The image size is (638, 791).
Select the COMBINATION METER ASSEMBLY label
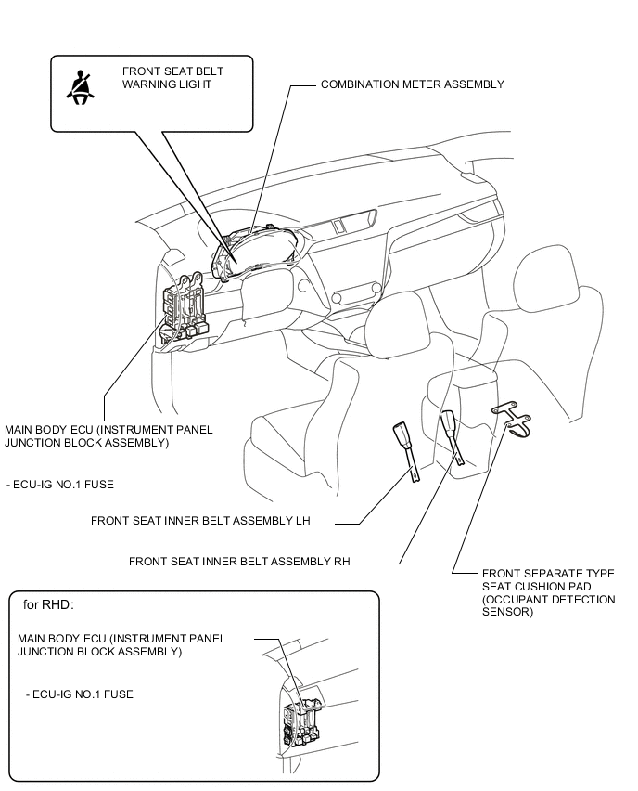[412, 84]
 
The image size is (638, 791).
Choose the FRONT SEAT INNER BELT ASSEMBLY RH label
[238, 561]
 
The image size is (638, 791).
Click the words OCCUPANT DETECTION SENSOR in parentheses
[548, 606]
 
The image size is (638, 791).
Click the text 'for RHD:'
[47, 604]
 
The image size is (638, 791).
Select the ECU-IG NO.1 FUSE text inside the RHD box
[81, 694]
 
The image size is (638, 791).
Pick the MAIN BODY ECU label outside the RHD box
[108, 436]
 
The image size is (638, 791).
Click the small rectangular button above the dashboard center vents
[340, 225]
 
